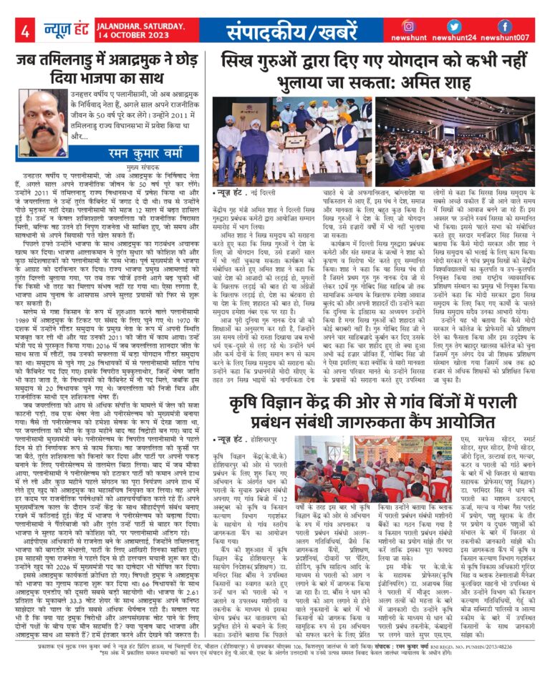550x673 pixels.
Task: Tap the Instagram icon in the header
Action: click(x=409, y=26)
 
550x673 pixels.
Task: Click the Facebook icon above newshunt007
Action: click(x=505, y=26)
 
